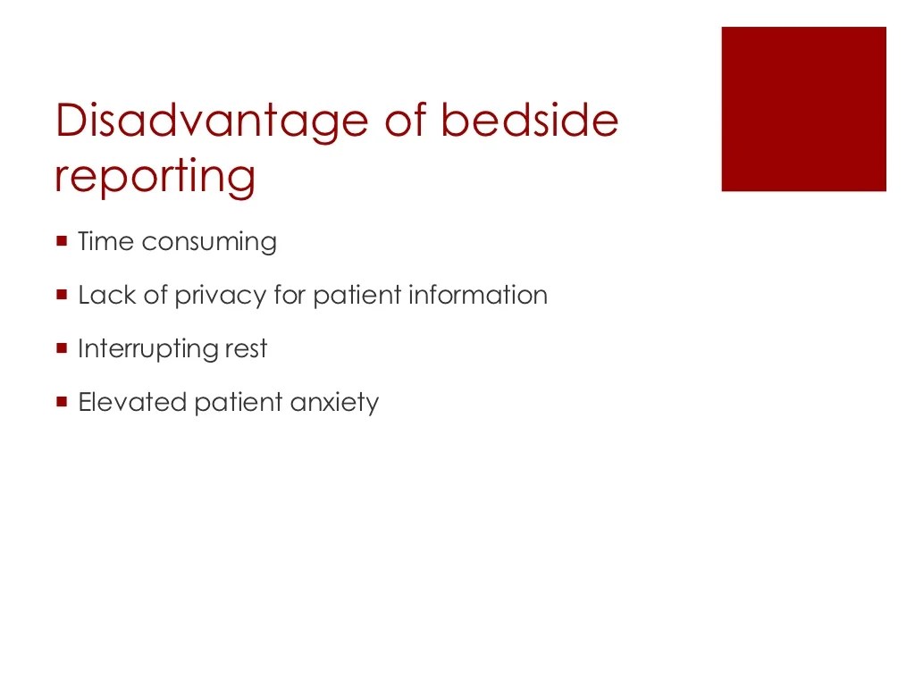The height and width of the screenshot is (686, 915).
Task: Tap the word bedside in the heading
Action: pyautogui.click(x=530, y=121)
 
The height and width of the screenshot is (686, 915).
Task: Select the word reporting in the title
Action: pyautogui.click(x=155, y=176)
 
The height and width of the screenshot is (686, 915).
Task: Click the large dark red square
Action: pyautogui.click(x=803, y=109)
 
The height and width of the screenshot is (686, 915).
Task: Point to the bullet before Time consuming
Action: pyautogui.click(x=62, y=240)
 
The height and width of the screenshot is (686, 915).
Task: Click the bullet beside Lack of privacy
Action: pyautogui.click(x=62, y=294)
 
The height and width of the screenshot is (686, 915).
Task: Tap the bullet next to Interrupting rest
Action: pyautogui.click(x=62, y=347)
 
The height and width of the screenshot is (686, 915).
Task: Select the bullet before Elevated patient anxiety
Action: pyautogui.click(x=62, y=401)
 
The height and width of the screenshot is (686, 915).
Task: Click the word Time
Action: pyautogui.click(x=105, y=242)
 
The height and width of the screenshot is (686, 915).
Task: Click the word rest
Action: pyautogui.click(x=245, y=349)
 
